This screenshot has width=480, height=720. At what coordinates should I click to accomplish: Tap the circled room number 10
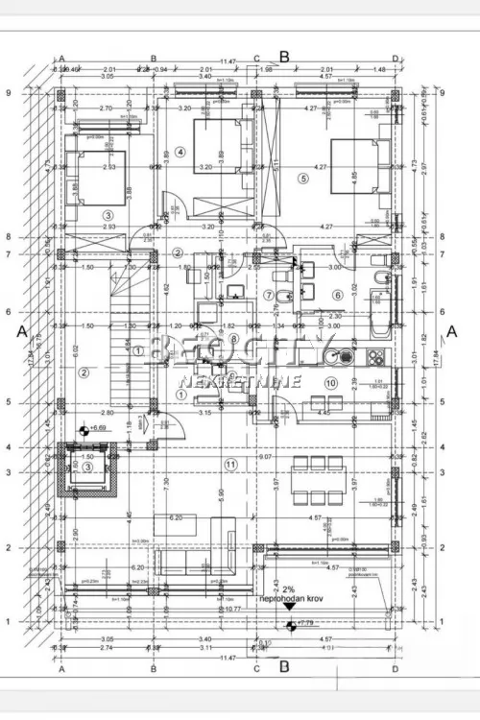pyautogui.click(x=331, y=383)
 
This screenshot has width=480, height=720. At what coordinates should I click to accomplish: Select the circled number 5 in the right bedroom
pyautogui.click(x=302, y=178)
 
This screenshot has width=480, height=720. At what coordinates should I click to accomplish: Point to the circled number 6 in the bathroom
pyautogui.click(x=337, y=295)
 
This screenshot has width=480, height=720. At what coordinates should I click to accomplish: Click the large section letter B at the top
pyautogui.click(x=284, y=57)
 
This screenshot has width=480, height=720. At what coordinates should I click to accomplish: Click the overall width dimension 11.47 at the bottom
pyautogui.click(x=227, y=656)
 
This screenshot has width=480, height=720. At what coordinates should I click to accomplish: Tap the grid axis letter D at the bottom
pyautogui.click(x=395, y=670)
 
